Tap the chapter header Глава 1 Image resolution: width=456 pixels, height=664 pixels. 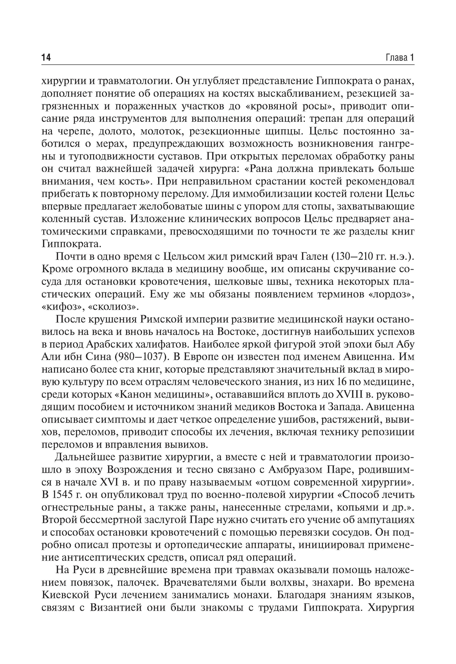399,58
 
